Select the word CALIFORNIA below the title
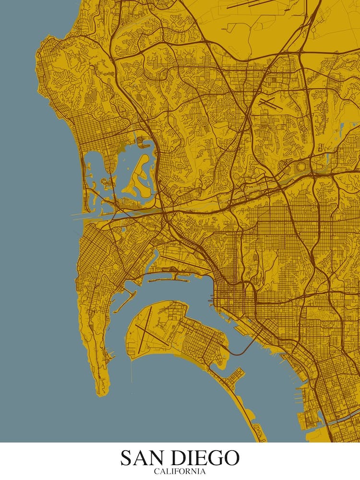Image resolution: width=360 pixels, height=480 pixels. point(180,471)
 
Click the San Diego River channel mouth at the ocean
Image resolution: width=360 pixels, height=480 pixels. point(82,215)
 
